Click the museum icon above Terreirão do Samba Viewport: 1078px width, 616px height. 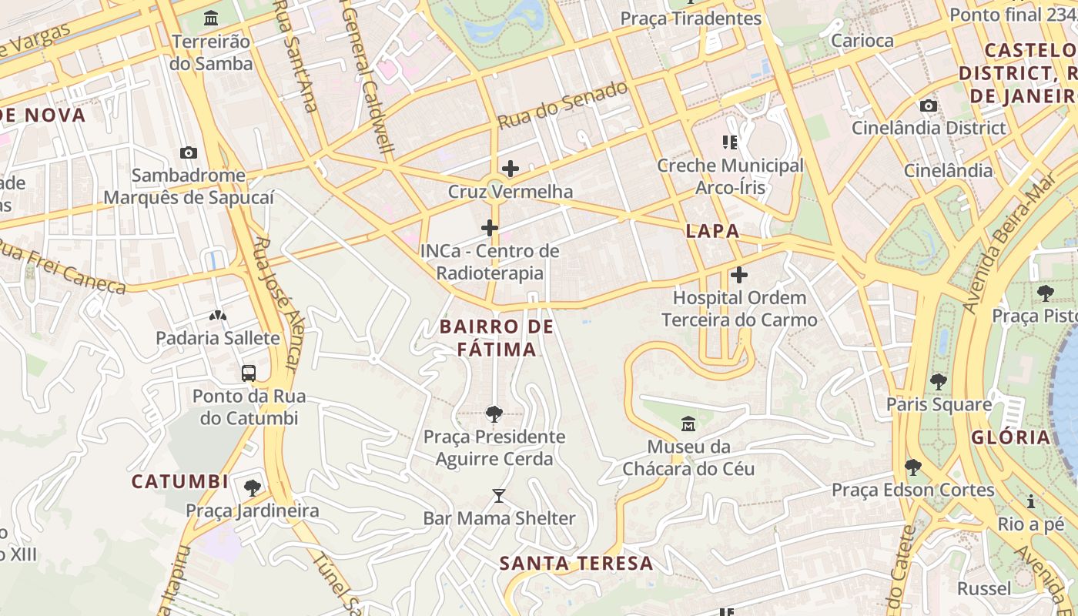click(211, 17)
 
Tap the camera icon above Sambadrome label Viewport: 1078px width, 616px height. click(188, 152)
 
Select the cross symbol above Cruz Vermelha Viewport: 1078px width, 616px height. click(510, 168)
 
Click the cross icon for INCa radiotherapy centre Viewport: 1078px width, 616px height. click(489, 227)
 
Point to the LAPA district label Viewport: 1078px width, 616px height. click(712, 231)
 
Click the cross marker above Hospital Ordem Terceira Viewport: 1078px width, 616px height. click(739, 274)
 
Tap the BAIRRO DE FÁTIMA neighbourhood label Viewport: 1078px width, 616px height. click(497, 338)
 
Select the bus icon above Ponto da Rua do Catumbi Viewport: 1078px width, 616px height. click(249, 373)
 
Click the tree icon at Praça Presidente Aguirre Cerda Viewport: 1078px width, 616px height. click(494, 414)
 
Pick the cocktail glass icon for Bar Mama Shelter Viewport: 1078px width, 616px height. click(499, 496)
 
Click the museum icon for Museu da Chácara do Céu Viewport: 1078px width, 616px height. click(688, 423)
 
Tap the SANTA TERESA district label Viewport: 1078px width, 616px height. click(576, 564)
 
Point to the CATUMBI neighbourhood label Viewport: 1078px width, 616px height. click(179, 482)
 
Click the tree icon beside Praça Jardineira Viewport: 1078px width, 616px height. click(252, 487)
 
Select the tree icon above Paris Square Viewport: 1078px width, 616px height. click(938, 381)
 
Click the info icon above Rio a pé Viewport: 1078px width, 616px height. click(1030, 502)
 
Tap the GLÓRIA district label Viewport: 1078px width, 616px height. click(1010, 438)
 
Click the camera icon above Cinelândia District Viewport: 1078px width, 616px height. click(929, 105)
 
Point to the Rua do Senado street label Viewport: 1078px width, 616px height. click(562, 105)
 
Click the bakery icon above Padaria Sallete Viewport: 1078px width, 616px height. click(218, 315)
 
